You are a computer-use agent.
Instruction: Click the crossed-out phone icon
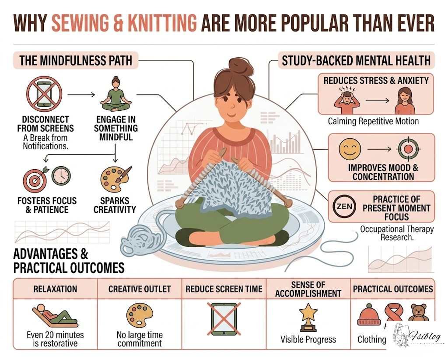pyautogui.click(x=44, y=94)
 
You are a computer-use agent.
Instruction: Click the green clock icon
pyautogui.click(x=61, y=176)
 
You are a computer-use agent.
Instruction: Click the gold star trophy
pyautogui.click(x=308, y=317)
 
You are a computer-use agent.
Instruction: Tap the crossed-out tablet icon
pyautogui.click(x=224, y=317)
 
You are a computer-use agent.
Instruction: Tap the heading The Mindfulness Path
pyautogui.click(x=76, y=60)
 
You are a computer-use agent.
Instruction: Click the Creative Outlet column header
pyautogui.click(x=140, y=289)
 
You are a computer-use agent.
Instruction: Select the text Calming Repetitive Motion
pyautogui.click(x=373, y=122)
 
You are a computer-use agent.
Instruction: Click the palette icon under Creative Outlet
pyautogui.click(x=139, y=314)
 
